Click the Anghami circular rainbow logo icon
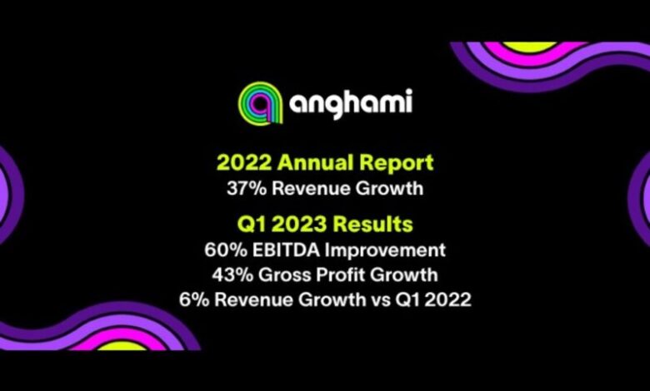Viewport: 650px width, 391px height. [260, 102]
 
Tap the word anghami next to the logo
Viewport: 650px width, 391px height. [351, 102]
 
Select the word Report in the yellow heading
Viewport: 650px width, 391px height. [397, 163]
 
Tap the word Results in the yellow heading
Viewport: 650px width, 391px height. [373, 225]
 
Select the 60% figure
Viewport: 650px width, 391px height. [225, 250]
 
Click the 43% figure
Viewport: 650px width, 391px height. [232, 275]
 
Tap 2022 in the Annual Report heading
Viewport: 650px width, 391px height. [244, 162]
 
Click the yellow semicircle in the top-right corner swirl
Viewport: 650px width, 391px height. [529, 47]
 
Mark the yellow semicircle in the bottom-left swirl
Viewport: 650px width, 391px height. [122, 345]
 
